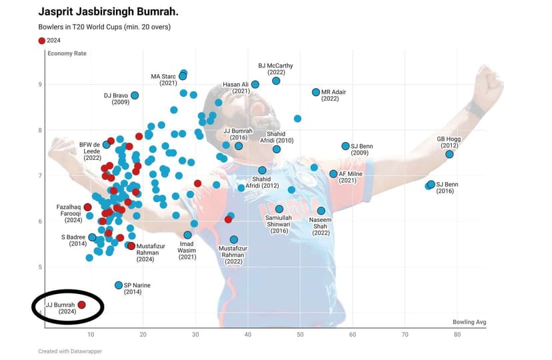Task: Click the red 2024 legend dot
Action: [42, 41]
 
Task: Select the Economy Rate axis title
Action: [67, 53]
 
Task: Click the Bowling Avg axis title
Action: [469, 322]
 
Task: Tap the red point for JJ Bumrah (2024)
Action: [82, 305]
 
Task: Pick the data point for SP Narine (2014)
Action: [119, 285]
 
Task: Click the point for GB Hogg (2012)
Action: [449, 154]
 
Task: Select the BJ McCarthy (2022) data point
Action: [276, 81]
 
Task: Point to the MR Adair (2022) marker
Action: [316, 92]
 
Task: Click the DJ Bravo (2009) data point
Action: [135, 95]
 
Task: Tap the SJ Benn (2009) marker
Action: [345, 146]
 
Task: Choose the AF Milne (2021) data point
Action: [333, 174]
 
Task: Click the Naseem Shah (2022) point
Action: [321, 211]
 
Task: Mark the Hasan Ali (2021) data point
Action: [255, 85]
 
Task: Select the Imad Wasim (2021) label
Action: [187, 250]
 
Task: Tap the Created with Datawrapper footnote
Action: [70, 351]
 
